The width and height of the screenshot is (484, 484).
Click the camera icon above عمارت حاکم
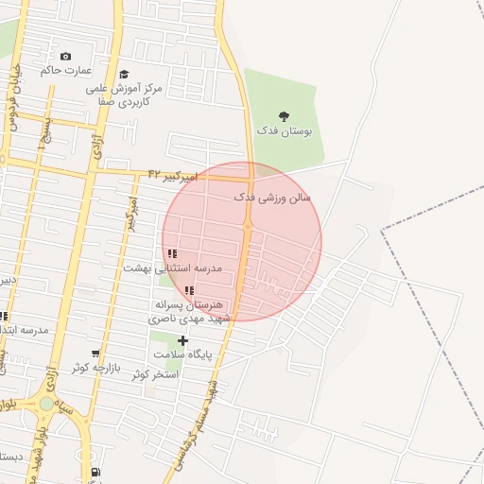pos(64,56)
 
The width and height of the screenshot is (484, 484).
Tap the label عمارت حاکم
pos(64,70)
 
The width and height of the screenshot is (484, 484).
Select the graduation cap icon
pos(124,74)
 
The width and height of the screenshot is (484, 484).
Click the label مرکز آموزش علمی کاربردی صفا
pos(124,93)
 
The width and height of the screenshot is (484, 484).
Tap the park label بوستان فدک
pos(285,130)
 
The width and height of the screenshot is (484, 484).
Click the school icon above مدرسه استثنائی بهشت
pos(172,253)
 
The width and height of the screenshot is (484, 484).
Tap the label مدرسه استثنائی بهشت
pos(172,268)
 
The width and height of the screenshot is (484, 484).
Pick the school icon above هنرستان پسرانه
pos(189,291)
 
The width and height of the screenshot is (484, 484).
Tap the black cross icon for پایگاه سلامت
pos(182,340)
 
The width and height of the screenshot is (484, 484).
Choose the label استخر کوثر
pos(156,375)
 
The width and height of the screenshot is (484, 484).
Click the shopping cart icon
pos(95,353)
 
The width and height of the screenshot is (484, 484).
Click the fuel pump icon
pos(95,473)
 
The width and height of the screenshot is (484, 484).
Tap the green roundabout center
pos(46,404)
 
